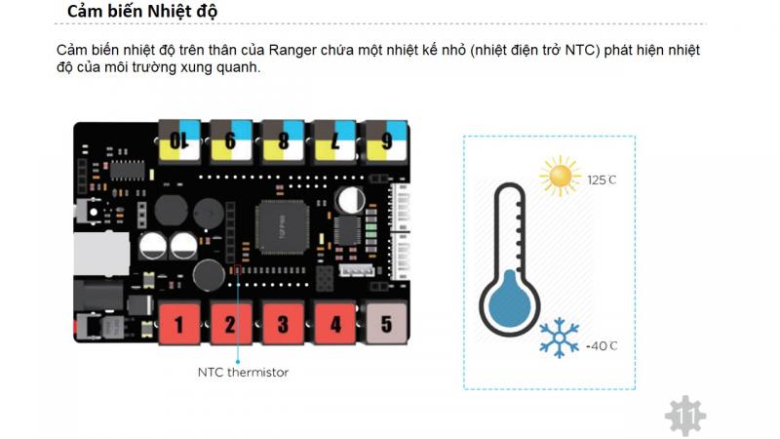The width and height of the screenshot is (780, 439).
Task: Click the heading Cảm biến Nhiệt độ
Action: [x=142, y=12]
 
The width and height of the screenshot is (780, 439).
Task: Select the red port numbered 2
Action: [x=231, y=322]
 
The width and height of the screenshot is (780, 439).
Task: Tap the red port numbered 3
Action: [x=283, y=322]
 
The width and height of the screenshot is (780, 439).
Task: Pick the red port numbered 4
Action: [x=334, y=322]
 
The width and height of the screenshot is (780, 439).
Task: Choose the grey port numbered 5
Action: [x=386, y=322]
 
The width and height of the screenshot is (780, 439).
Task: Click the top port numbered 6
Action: [x=386, y=140]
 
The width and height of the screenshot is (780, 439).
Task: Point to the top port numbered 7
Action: [x=334, y=140]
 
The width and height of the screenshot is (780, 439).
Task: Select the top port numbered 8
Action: [x=283, y=140]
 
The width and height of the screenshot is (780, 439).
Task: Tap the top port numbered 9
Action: [x=231, y=140]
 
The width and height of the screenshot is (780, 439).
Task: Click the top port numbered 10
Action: [x=179, y=140]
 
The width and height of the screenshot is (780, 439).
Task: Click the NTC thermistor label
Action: [x=243, y=372]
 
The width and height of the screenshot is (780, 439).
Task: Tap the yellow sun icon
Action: [x=560, y=177]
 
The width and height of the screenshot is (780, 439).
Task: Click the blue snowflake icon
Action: [x=560, y=339]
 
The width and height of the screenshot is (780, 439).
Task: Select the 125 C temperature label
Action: [x=602, y=180]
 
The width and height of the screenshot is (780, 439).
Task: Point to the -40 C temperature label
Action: [x=602, y=346]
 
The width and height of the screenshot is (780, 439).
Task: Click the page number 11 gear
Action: [x=684, y=417]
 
